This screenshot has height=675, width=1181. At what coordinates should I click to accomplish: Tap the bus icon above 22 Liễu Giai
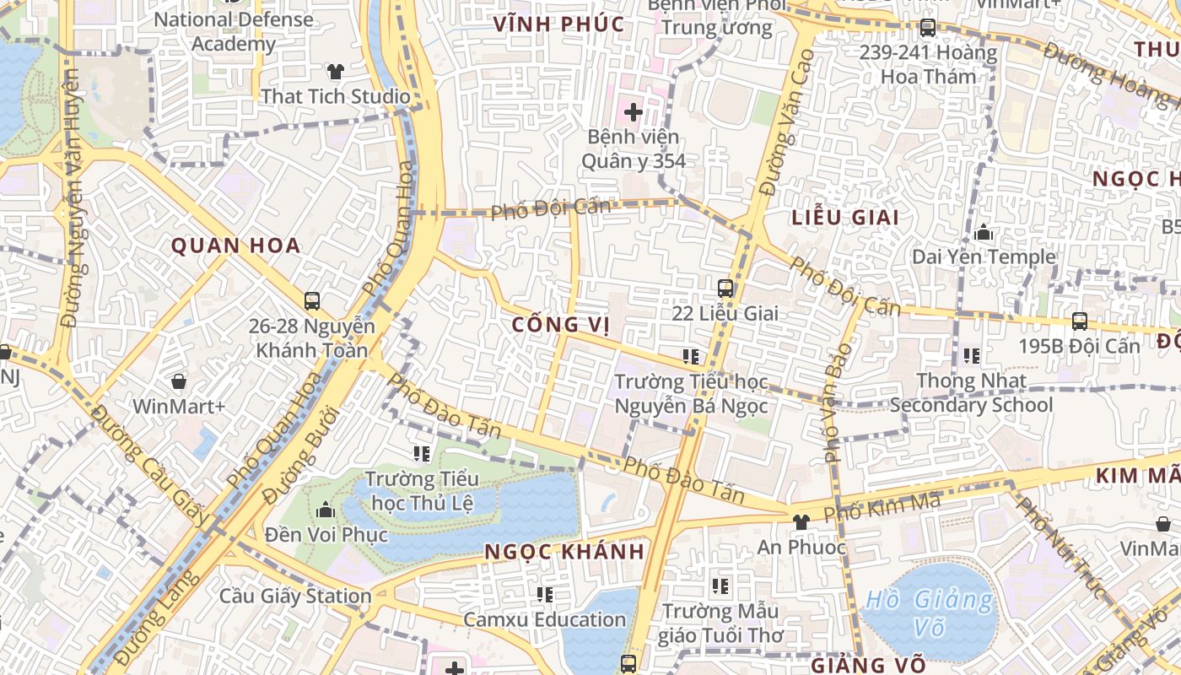tap(725, 289)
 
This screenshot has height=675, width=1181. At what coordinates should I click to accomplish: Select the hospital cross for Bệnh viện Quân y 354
tap(634, 111)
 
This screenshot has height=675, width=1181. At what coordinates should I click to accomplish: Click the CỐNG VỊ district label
tap(560, 325)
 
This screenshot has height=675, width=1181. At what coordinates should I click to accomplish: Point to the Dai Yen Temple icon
tap(983, 232)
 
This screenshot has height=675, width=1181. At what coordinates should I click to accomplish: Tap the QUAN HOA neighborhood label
tap(236, 246)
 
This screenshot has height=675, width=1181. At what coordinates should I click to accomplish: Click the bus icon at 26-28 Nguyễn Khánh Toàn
tap(312, 300)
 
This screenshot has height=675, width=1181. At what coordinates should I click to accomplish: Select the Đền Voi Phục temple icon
tap(326, 510)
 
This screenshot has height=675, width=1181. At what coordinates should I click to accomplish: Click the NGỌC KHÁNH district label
tap(564, 552)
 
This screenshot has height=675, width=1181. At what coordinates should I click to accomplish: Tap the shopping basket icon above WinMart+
tap(179, 381)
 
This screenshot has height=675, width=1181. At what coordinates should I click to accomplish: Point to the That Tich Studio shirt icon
tap(336, 71)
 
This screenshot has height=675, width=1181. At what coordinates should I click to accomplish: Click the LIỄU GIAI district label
tap(845, 217)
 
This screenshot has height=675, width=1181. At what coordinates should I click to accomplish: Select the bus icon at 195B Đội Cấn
tap(1080, 321)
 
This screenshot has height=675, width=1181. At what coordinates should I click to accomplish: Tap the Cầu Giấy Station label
tap(295, 596)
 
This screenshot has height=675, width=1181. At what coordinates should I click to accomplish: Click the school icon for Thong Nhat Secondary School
tap(972, 356)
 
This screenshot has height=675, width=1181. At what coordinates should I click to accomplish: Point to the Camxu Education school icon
tap(545, 595)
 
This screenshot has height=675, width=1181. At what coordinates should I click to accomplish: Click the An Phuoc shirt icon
tap(801, 522)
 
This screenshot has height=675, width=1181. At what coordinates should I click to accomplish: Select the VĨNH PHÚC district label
tap(559, 24)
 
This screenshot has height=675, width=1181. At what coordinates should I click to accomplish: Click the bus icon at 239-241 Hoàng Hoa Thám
tap(928, 27)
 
